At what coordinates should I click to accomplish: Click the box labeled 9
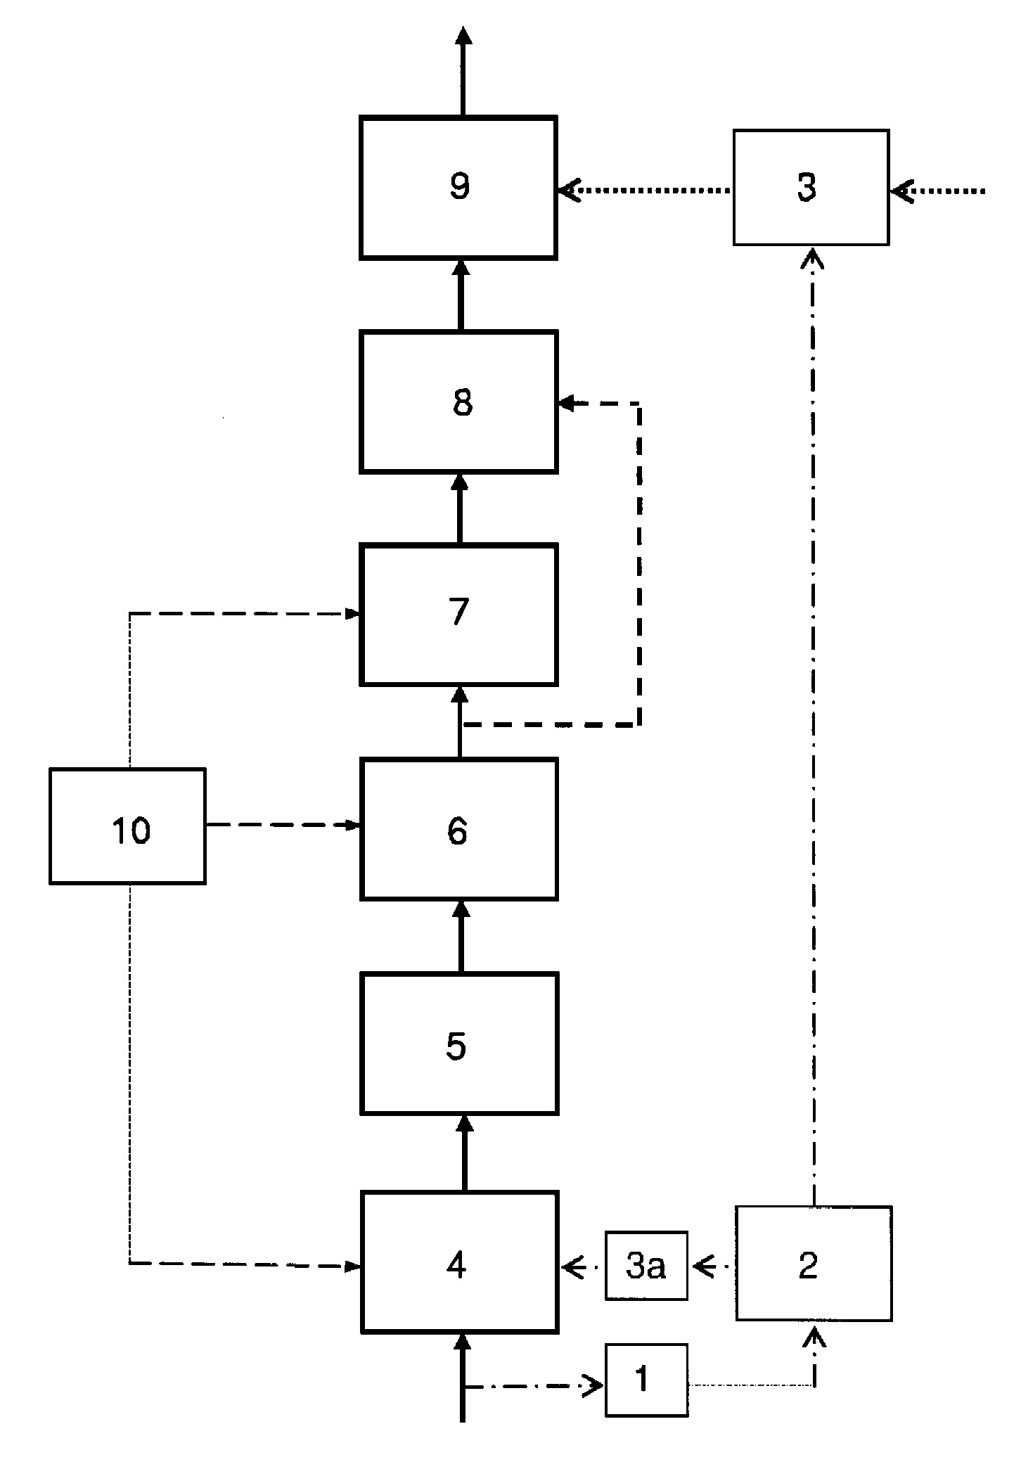[x=458, y=188]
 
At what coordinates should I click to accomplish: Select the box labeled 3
[x=810, y=188]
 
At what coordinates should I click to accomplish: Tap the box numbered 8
[x=458, y=402]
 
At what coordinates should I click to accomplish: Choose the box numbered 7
[x=458, y=614]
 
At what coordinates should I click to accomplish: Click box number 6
[x=458, y=829]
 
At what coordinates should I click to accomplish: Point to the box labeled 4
[x=458, y=1262]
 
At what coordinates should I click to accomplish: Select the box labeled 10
[x=127, y=826]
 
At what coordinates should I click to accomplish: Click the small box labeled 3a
[x=646, y=1266]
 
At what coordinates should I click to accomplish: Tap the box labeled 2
[x=814, y=1264]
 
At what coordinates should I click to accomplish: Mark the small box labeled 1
[x=646, y=1380]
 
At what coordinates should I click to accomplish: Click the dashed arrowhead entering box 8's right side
[x=567, y=403]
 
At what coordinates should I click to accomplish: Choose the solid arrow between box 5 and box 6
[x=461, y=936]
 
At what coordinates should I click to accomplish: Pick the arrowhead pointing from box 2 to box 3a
[x=703, y=1267]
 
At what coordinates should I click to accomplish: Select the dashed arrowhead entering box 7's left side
[x=352, y=614]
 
